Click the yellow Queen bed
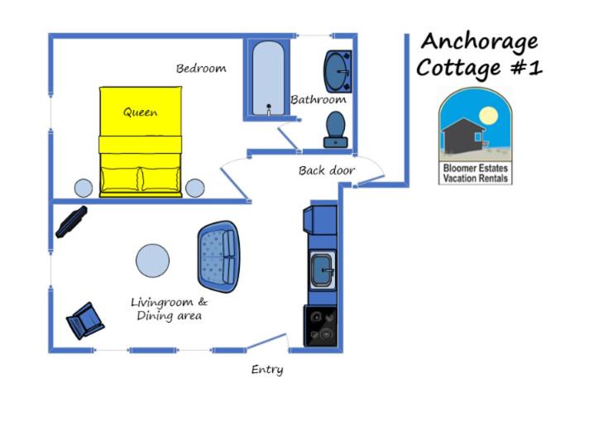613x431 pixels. pyautogui.click(x=141, y=141)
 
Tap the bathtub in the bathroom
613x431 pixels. pyautogui.click(x=268, y=79)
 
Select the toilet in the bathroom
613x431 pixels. pyautogui.click(x=335, y=130)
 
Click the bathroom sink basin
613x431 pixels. pyautogui.click(x=338, y=72)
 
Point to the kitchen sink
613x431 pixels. pyautogui.click(x=323, y=270)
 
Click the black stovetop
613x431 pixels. pyautogui.click(x=320, y=326)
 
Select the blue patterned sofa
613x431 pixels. pyautogui.click(x=218, y=256)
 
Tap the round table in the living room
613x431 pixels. pyautogui.click(x=152, y=261)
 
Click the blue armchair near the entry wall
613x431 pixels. pyautogui.click(x=85, y=320)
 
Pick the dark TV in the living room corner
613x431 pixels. pyautogui.click(x=71, y=222)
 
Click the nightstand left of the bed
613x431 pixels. pyautogui.click(x=84, y=188)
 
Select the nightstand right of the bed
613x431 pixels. pyautogui.click(x=194, y=188)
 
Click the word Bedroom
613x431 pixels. pyautogui.click(x=201, y=69)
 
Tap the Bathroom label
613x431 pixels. pyautogui.click(x=318, y=100)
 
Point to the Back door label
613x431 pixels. pyautogui.click(x=327, y=170)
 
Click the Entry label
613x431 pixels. pyautogui.click(x=267, y=370)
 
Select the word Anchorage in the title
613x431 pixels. pyautogui.click(x=479, y=42)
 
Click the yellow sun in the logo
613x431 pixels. pyautogui.click(x=488, y=115)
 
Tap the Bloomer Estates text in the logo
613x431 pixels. pyautogui.click(x=476, y=168)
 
